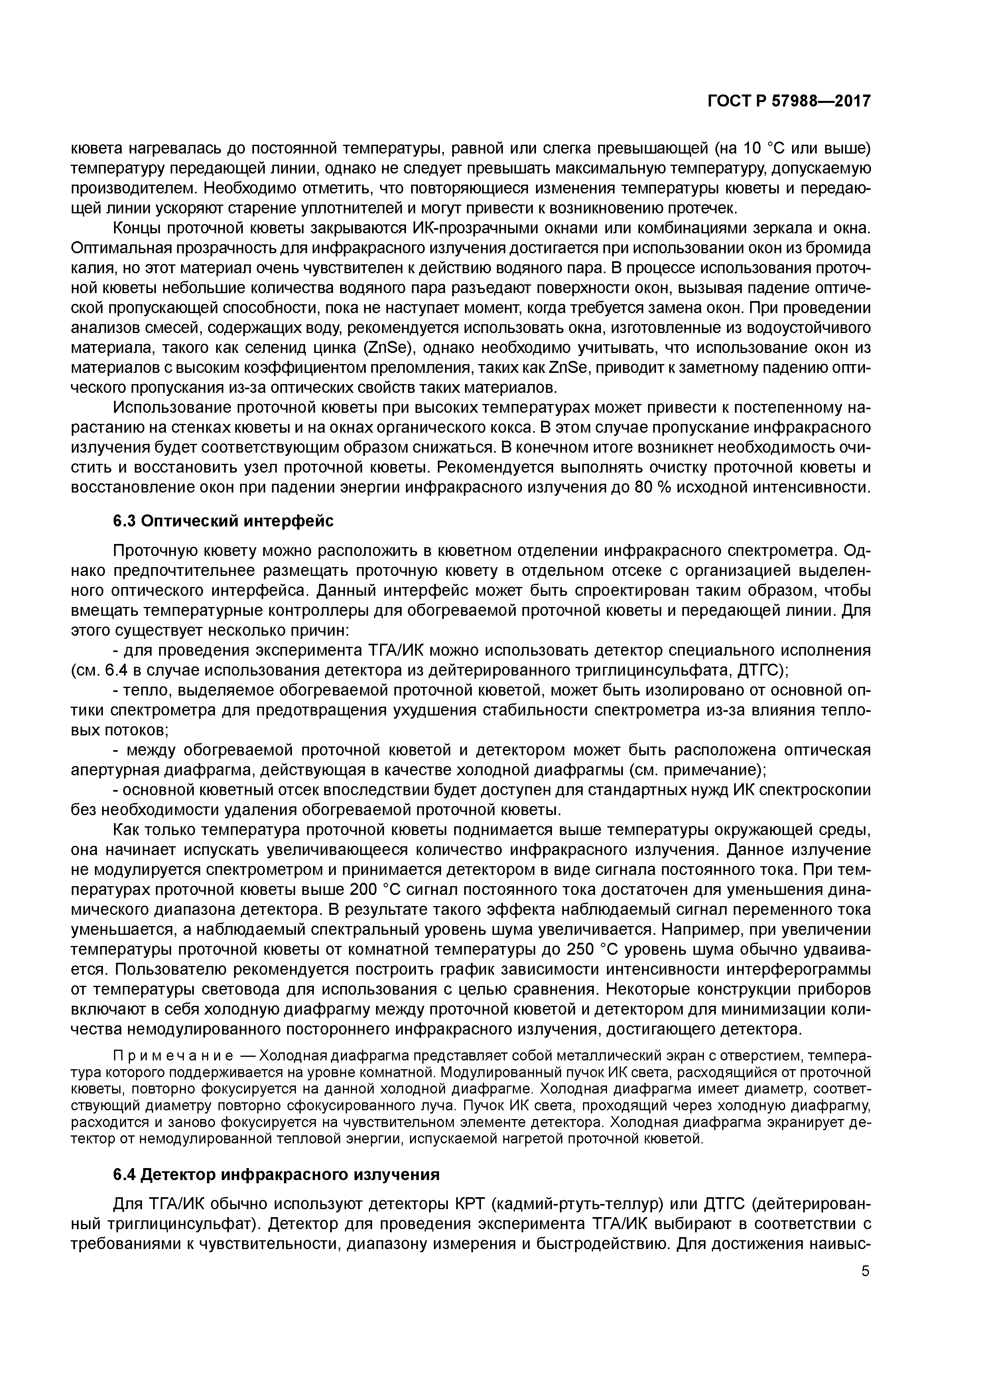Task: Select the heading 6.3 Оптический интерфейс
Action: click(x=223, y=521)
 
